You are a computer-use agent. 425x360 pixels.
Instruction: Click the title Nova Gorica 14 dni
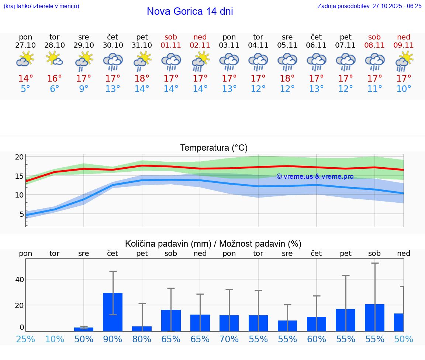pyautogui.click(x=190, y=11)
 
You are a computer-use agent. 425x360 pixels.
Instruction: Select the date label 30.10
pyautogui.click(x=113, y=45)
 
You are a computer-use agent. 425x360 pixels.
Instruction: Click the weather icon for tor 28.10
pyautogui.click(x=55, y=59)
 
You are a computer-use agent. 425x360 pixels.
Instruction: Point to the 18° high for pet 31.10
pyautogui.click(x=142, y=79)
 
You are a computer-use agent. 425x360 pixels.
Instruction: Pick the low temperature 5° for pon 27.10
pyautogui.click(x=25, y=89)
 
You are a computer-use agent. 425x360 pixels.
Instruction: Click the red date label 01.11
pyautogui.click(x=171, y=45)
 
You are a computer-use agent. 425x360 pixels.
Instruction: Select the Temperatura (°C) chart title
pyautogui.click(x=214, y=148)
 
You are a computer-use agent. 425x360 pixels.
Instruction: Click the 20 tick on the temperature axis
pyautogui.click(x=19, y=157)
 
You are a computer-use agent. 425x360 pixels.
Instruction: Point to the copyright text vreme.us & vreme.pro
pyautogui.click(x=315, y=176)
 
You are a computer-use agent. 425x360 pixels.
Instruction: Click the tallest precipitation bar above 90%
pyautogui.click(x=113, y=312)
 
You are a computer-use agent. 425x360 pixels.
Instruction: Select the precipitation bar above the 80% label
pyautogui.click(x=142, y=329)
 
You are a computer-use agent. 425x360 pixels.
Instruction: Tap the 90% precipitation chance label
pyautogui.click(x=113, y=339)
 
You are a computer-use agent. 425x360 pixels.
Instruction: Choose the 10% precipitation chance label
pyautogui.click(x=55, y=339)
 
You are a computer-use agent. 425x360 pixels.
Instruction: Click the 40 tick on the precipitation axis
pyautogui.click(x=19, y=279)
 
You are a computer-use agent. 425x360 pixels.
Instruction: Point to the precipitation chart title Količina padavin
pyautogui.click(x=213, y=244)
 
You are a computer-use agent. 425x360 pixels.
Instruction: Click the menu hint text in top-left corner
pyautogui.click(x=41, y=6)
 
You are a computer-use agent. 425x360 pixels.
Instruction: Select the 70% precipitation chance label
pyautogui.click(x=229, y=339)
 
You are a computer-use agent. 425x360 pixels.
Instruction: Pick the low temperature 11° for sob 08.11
pyautogui.click(x=374, y=89)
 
